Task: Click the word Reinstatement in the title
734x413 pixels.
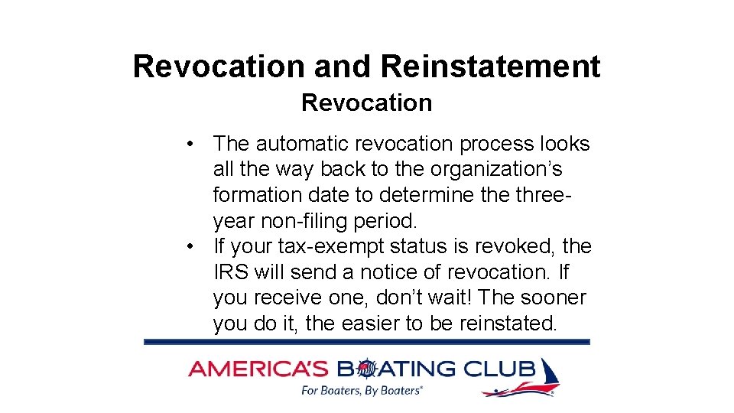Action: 489,67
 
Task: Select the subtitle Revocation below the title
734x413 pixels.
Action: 366,102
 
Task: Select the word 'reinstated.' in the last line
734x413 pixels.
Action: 508,324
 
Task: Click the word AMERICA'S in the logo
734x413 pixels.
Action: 258,369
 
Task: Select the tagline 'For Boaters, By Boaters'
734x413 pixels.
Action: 361,391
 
